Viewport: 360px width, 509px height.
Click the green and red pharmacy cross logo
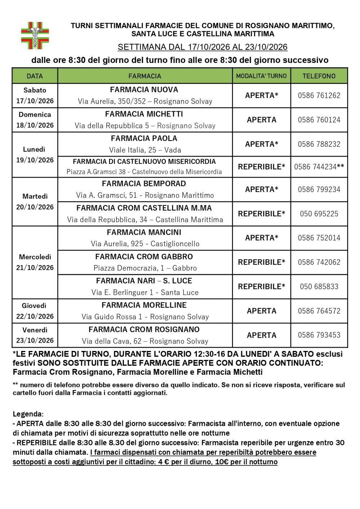click(35, 35)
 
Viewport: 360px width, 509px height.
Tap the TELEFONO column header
click(319, 76)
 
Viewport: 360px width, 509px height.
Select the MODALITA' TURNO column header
click(261, 76)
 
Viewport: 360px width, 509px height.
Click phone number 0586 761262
click(319, 95)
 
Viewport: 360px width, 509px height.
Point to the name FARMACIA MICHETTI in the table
click(144, 114)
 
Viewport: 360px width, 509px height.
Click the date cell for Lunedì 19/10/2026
click(35, 155)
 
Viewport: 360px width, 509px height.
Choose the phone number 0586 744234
click(315, 167)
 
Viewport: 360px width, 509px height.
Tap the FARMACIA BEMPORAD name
click(144, 184)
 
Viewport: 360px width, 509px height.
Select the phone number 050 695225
click(319, 214)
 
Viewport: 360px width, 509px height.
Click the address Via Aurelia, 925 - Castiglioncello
click(145, 244)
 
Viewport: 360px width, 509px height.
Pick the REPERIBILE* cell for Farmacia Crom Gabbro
click(261, 262)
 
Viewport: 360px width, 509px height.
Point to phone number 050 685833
click(319, 287)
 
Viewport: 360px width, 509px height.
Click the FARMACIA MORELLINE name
click(144, 305)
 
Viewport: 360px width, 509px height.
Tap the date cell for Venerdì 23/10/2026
click(35, 335)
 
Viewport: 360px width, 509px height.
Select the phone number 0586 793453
click(319, 335)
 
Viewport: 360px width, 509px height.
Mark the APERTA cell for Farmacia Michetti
click(261, 120)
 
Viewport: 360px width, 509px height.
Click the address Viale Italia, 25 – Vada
click(145, 150)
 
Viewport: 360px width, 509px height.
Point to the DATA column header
click(35, 76)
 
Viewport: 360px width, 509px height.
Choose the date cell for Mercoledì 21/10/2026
click(35, 262)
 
